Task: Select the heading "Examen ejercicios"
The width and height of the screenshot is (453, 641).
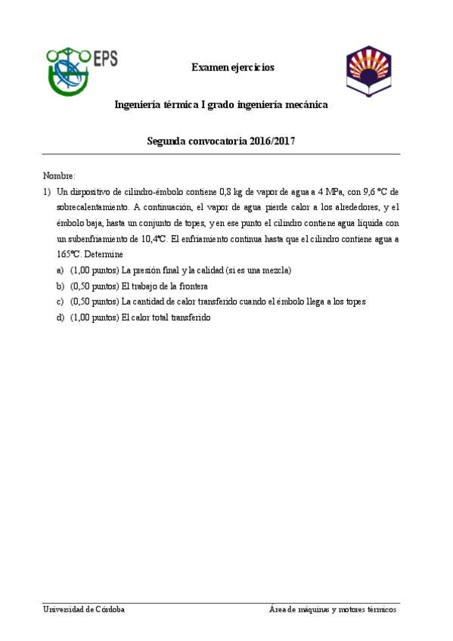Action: point(232,68)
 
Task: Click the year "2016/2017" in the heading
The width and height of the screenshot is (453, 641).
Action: point(272,141)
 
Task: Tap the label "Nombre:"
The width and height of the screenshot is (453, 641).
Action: point(59,175)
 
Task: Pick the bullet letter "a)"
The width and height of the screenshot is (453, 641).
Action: point(60,270)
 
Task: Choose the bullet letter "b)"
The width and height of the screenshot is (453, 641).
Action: point(60,286)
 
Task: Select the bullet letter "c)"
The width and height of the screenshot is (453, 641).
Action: point(60,302)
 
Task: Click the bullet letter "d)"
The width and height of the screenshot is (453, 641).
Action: point(60,317)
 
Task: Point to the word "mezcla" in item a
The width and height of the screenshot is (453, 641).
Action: point(275,270)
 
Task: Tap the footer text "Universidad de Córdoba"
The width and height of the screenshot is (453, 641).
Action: point(84,609)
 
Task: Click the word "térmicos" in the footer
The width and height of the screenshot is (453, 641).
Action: point(380,609)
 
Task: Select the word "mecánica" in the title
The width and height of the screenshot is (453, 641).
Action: point(306,105)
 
